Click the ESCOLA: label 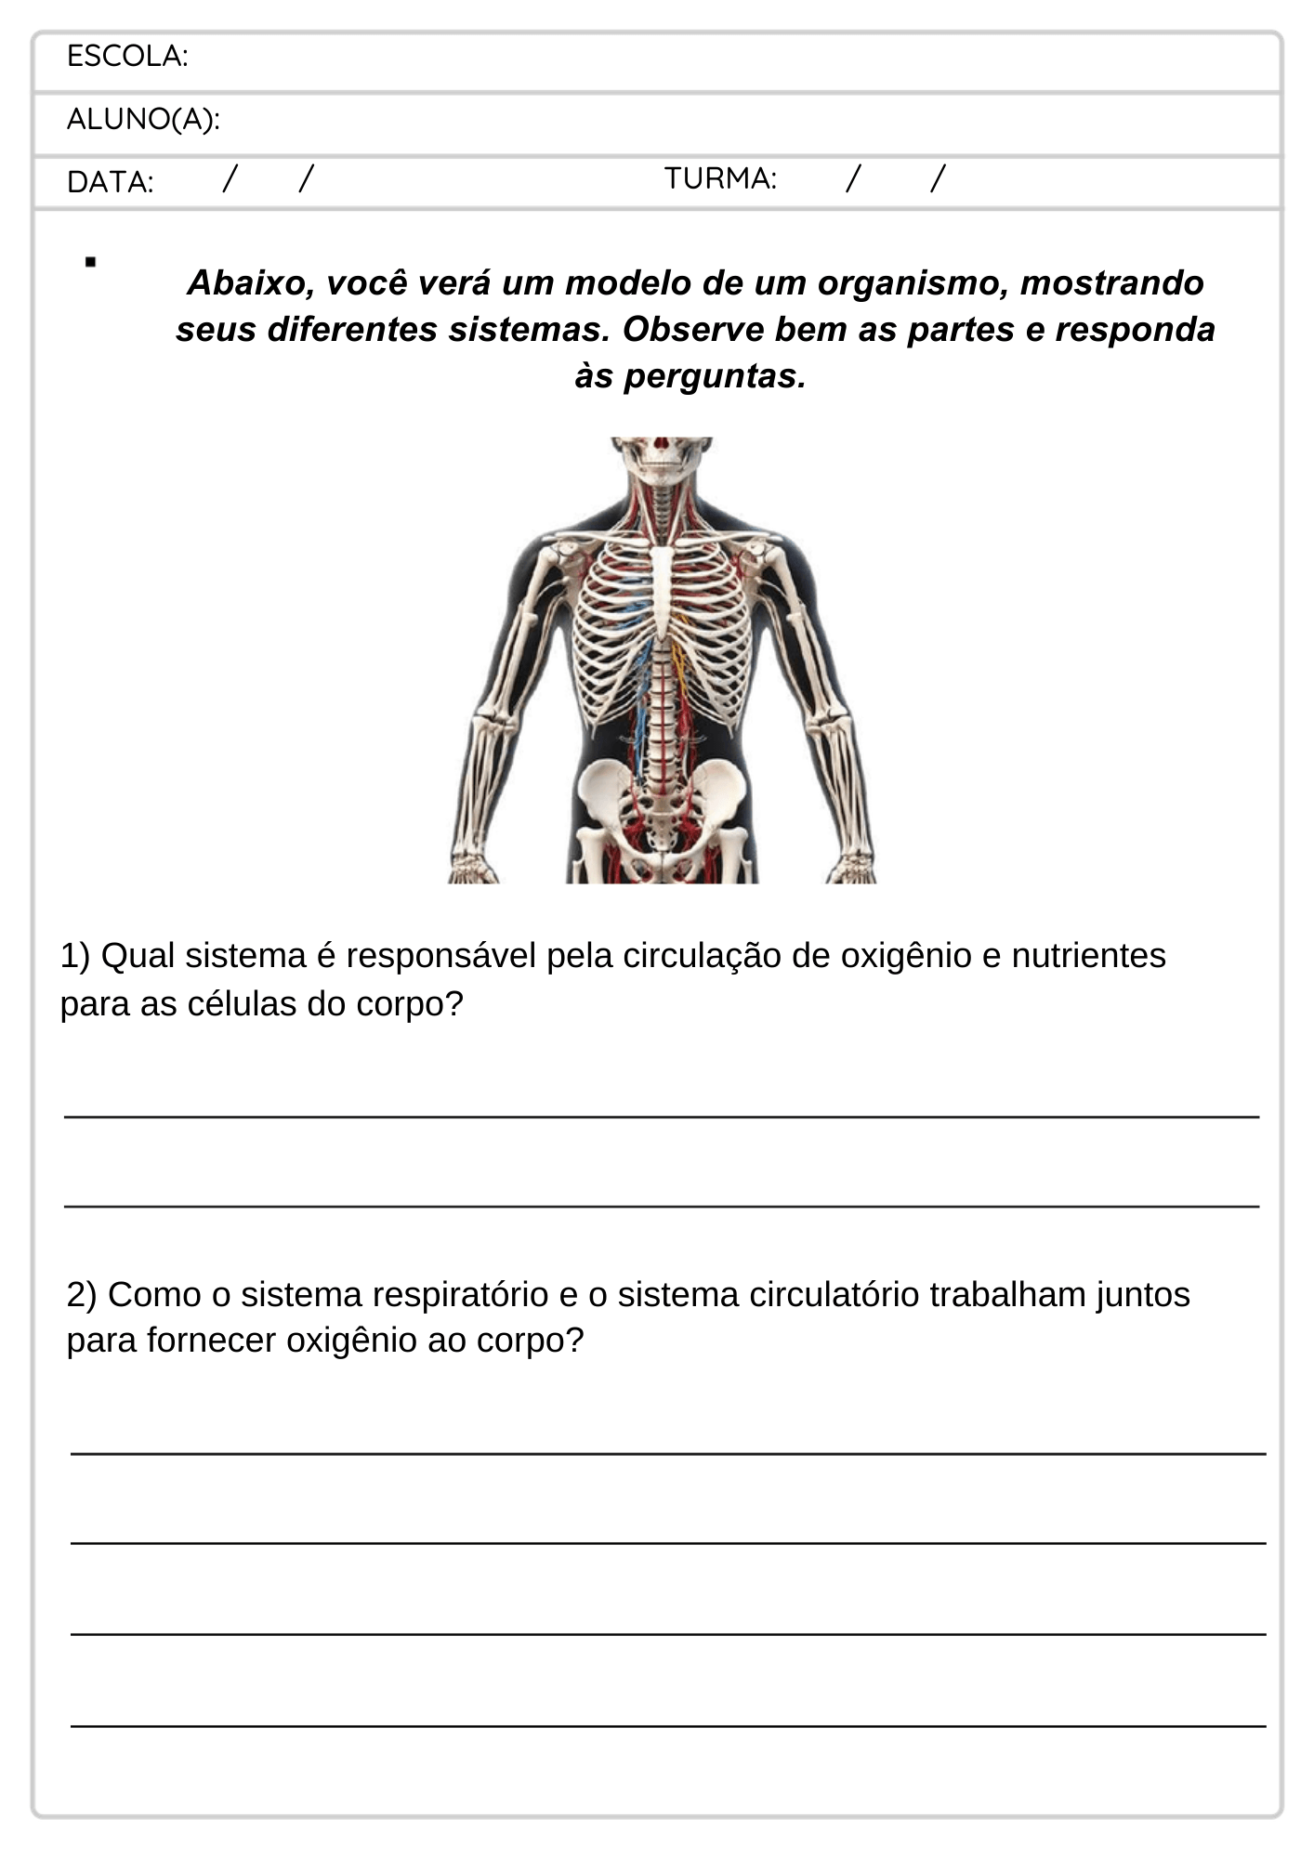tap(127, 57)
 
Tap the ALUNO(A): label tap(143, 120)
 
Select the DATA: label tap(110, 182)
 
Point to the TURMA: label tap(720, 178)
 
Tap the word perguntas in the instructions tap(714, 376)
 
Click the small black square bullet tap(90, 262)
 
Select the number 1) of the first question tap(75, 955)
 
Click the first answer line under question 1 tap(661, 1116)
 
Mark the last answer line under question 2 tap(667, 1725)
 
